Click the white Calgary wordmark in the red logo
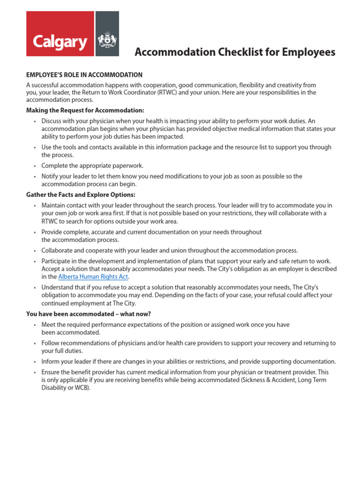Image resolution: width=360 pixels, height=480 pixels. (60, 42)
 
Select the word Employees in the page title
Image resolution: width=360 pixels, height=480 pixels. (308, 52)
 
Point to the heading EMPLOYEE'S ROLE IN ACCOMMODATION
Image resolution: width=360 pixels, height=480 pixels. (84, 75)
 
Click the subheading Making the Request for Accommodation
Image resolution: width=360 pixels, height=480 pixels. (85, 110)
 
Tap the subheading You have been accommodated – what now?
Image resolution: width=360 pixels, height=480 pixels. (89, 314)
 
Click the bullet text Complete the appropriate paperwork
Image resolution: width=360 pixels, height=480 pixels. (92, 165)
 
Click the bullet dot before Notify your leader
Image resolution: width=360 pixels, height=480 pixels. (35, 177)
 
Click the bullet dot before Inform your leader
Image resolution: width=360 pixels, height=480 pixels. (35, 362)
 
